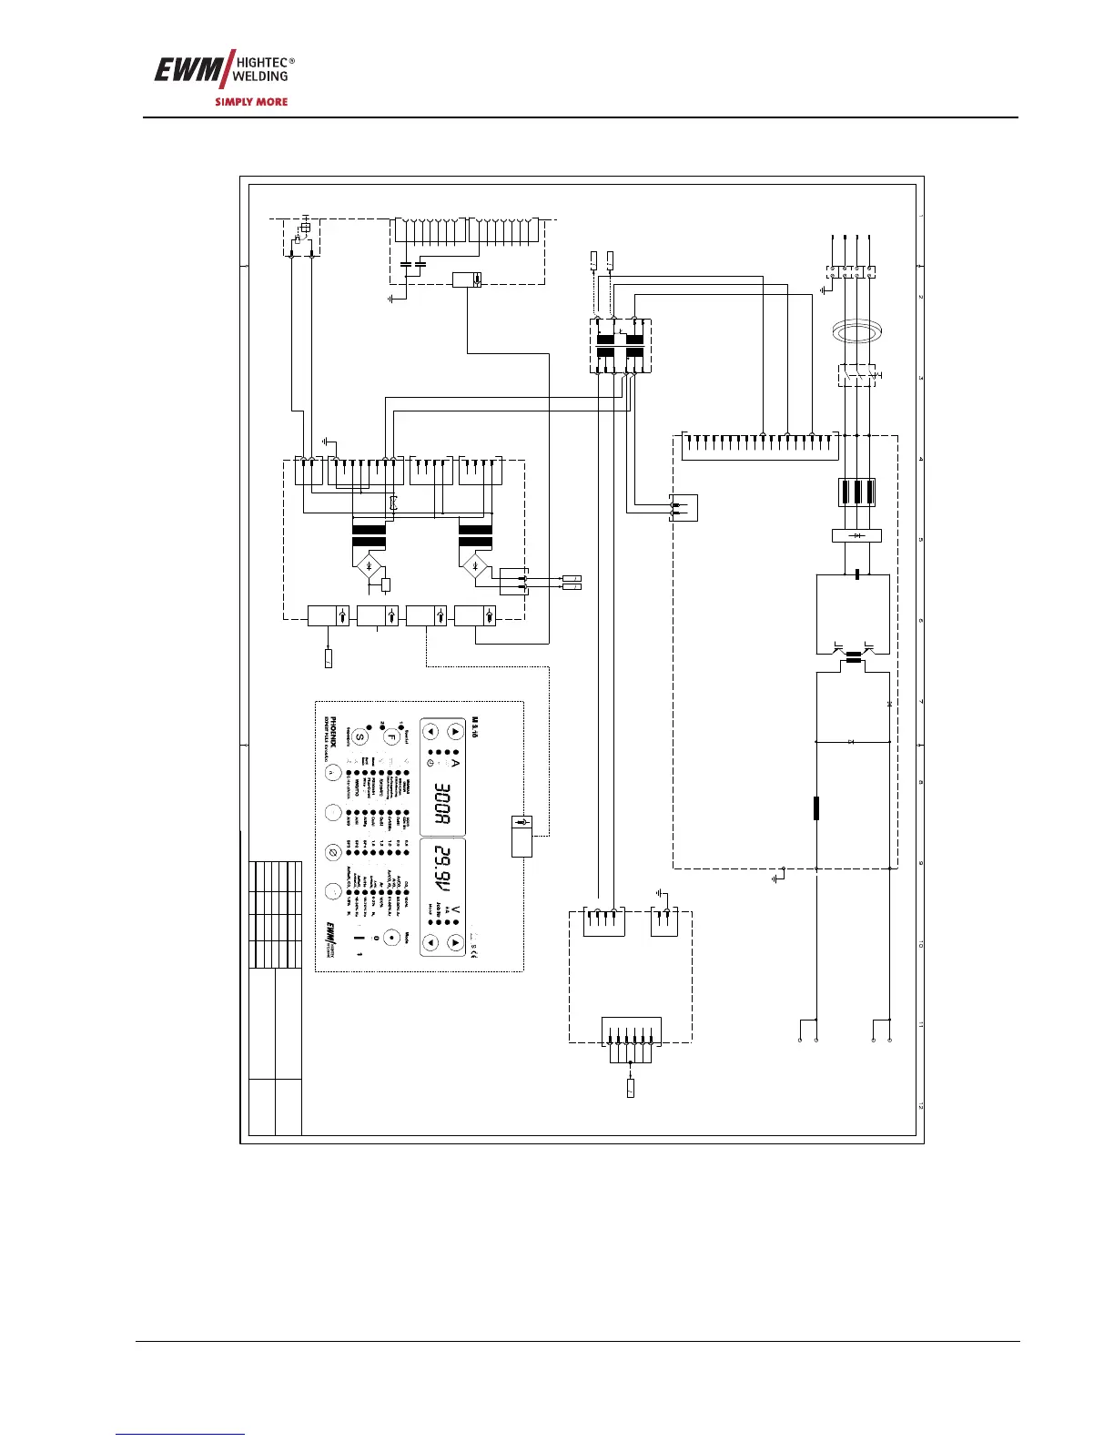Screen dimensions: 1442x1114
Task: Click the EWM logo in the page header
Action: click(181, 71)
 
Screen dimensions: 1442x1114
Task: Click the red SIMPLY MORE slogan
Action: click(251, 102)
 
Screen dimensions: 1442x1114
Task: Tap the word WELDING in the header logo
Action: click(260, 76)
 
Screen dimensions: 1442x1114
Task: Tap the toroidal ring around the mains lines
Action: click(854, 332)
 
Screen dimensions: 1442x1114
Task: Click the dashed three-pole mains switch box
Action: click(856, 374)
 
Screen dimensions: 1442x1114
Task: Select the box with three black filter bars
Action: click(856, 492)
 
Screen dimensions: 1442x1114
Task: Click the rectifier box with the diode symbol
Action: click(856, 536)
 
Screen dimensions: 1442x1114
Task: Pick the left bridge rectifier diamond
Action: click(368, 568)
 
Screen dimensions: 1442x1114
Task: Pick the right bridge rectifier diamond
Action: click(474, 568)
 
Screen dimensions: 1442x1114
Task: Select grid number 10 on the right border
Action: click(921, 946)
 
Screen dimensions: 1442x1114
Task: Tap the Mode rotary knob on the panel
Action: click(392, 938)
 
